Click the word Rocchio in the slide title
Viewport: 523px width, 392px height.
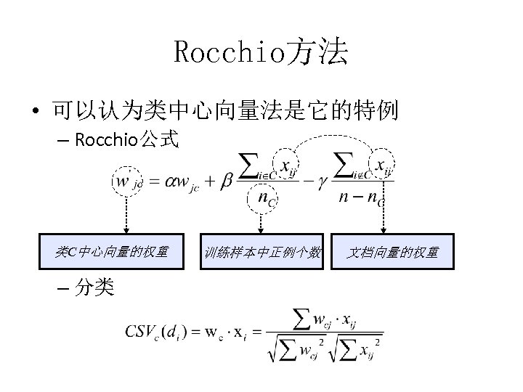tap(230, 52)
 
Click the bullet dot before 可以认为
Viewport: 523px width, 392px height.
tap(35, 112)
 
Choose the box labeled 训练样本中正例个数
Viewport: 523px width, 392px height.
tap(261, 252)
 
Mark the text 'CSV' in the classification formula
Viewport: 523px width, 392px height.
tap(142, 332)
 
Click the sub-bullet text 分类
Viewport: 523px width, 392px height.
tap(94, 288)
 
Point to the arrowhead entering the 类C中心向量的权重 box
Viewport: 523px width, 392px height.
tap(126, 230)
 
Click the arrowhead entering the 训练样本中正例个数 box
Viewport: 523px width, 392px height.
tap(261, 230)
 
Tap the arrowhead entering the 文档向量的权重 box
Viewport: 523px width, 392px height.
tap(384, 230)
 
